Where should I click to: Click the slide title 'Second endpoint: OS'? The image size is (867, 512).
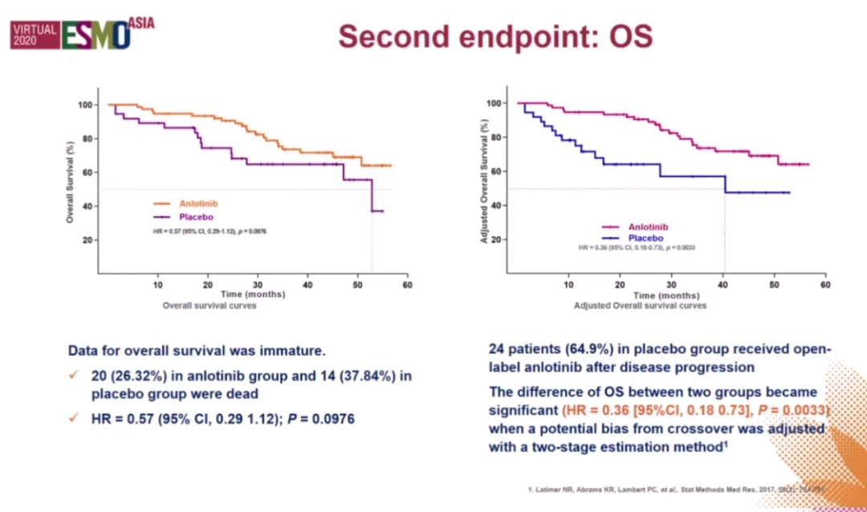[x=495, y=36]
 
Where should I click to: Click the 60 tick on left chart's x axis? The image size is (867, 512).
[x=408, y=285]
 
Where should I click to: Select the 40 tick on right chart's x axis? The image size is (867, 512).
[x=722, y=285]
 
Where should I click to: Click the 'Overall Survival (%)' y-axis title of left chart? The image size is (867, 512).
[x=71, y=173]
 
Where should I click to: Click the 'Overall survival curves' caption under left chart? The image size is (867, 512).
[x=210, y=306]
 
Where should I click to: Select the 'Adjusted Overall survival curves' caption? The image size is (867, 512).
[x=640, y=306]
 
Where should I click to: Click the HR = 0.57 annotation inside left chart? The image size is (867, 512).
[x=209, y=231]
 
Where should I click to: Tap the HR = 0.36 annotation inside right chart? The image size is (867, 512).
[x=637, y=247]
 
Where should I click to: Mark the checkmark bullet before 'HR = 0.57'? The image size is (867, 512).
[x=75, y=419]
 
